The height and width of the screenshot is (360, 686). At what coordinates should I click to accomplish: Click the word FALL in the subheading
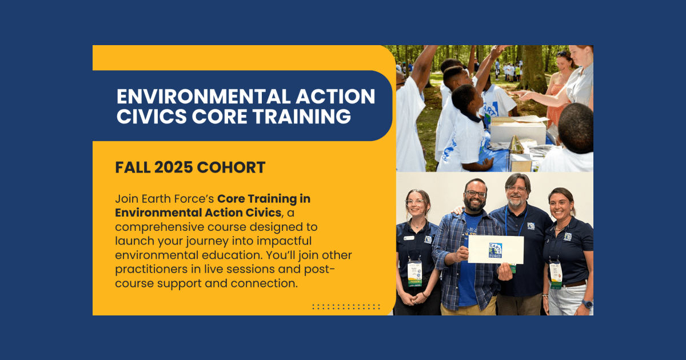pos(132,167)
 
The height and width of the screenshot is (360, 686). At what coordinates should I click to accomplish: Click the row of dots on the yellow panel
pos(346,307)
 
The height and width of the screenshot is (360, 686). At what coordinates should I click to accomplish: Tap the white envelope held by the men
pos(496,250)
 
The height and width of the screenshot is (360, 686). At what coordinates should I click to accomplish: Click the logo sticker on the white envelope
pos(495,250)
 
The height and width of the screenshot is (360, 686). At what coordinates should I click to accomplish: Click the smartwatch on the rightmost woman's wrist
pos(586,303)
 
